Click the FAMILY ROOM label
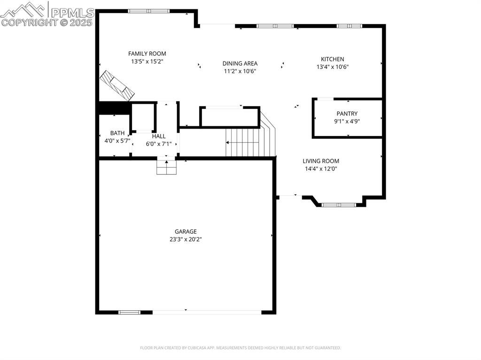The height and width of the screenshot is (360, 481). (147, 54)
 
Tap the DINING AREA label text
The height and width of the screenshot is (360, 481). (240, 63)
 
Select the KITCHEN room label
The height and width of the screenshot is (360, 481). (332, 59)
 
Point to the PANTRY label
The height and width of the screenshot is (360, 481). (347, 114)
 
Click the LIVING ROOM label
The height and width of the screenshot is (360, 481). (321, 161)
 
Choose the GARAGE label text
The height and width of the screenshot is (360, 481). (186, 231)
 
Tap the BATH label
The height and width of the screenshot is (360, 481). (117, 133)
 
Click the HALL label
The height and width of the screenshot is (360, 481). (159, 136)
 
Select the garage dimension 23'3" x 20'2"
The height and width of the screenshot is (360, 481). (186, 239)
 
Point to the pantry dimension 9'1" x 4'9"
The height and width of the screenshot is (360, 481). (347, 121)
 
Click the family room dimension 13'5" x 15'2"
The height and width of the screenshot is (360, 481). (147, 61)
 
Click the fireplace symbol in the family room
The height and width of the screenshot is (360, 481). (116, 85)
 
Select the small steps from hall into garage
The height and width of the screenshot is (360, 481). (166, 167)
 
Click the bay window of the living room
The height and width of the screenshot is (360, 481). (338, 205)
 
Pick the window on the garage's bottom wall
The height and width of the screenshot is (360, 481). (129, 312)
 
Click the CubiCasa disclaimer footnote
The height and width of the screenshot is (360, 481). (240, 348)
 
